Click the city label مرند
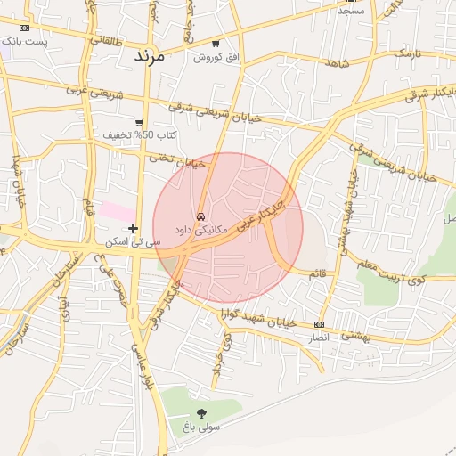[x=151, y=55]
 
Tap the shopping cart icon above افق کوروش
[x=216, y=44]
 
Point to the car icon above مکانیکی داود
[x=201, y=216]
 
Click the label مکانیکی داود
[x=201, y=230]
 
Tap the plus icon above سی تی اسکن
[x=134, y=228]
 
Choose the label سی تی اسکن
[x=133, y=241]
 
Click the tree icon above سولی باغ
[x=201, y=413]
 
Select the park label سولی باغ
[x=201, y=427]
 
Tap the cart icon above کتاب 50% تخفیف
[x=139, y=123]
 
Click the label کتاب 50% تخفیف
[x=140, y=135]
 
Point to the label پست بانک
[x=23, y=41]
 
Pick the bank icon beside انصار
[x=320, y=325]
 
